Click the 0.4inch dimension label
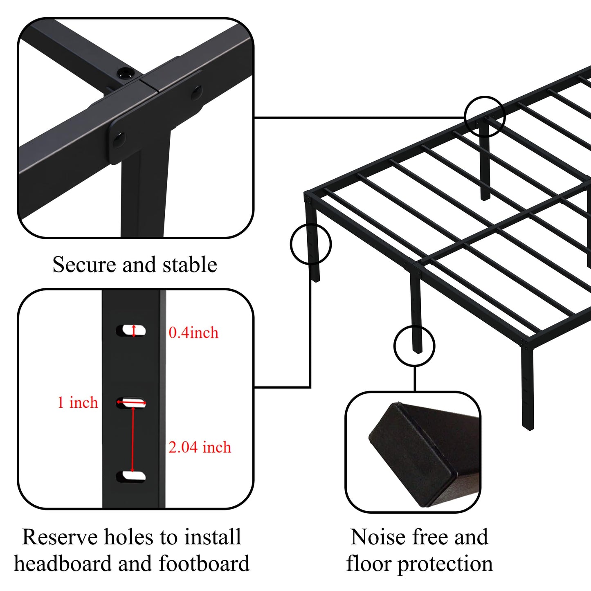(x=193, y=333)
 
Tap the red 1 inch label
(x=78, y=402)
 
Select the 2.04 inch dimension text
(x=200, y=447)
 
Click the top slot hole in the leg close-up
(x=131, y=330)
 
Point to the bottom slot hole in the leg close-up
(x=131, y=476)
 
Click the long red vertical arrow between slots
(x=133, y=440)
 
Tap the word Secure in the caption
(x=85, y=265)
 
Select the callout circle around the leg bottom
(x=414, y=346)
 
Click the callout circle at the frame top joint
(x=485, y=117)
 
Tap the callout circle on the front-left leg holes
(x=310, y=244)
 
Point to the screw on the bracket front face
(x=118, y=139)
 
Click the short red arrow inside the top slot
(x=134, y=330)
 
